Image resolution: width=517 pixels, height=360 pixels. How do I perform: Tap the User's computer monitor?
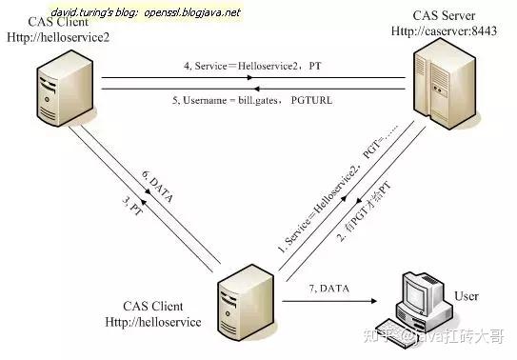[419, 291]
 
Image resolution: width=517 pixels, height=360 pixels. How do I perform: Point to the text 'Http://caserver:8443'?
[442, 31]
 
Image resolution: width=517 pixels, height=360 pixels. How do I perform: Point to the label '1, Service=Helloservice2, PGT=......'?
[319, 200]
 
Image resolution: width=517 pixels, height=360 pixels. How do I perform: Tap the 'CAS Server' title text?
[441, 16]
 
